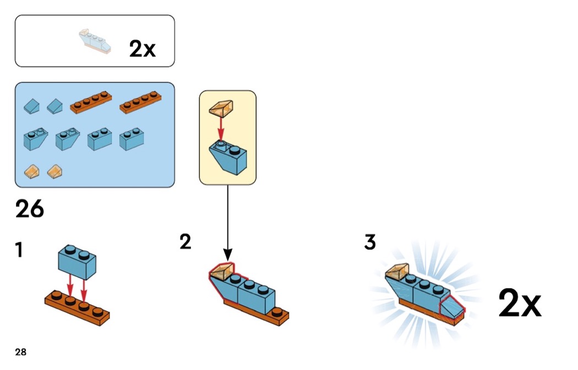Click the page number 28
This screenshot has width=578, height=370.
(x=20, y=352)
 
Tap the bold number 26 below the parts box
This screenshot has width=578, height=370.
(x=30, y=209)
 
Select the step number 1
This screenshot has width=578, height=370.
(x=19, y=250)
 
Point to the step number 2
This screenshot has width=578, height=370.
(x=186, y=241)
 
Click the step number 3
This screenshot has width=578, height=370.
(x=370, y=242)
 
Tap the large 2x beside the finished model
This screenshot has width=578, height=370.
(x=520, y=304)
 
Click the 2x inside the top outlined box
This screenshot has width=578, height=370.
(x=143, y=49)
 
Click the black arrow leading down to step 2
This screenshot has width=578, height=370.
(x=227, y=220)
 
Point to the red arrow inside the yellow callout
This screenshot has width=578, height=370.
(x=221, y=128)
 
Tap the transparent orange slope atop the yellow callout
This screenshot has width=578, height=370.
(x=222, y=108)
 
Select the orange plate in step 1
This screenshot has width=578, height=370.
(x=77, y=306)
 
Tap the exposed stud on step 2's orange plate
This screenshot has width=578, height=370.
(x=277, y=313)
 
